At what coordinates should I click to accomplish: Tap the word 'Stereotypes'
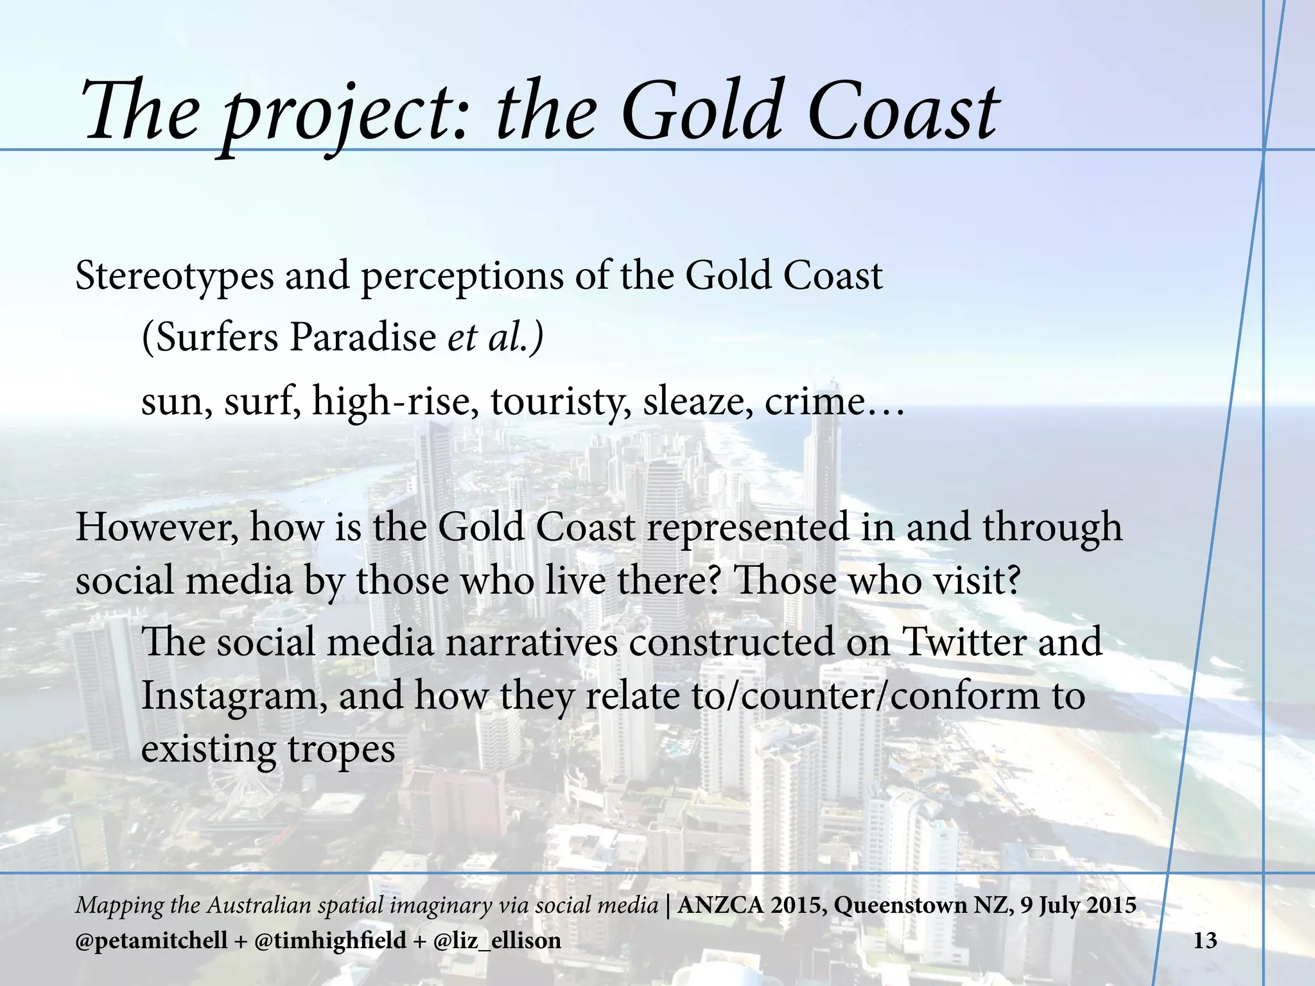tap(173, 277)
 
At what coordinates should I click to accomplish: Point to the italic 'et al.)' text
tap(495, 337)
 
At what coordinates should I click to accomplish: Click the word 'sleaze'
tap(697, 401)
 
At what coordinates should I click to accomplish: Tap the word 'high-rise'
tap(395, 401)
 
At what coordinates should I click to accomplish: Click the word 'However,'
tap(157, 528)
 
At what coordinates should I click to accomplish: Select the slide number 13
tap(1205, 941)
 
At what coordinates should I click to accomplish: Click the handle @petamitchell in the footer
tap(152, 941)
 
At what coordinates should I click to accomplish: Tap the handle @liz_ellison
tap(497, 941)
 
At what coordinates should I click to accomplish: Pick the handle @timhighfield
tap(331, 941)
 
